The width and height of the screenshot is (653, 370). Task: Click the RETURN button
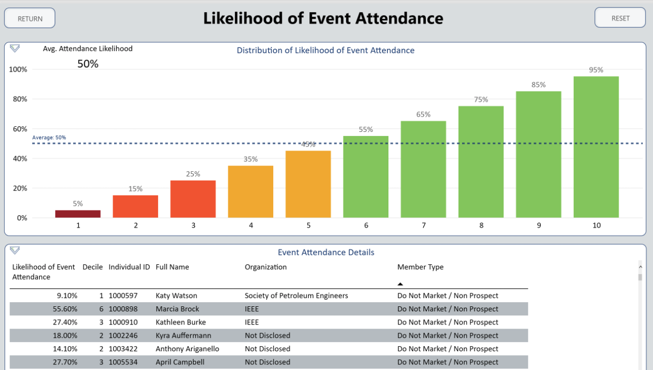pos(30,18)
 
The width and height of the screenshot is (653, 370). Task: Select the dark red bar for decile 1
pos(78,214)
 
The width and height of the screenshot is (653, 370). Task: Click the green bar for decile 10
pos(596,147)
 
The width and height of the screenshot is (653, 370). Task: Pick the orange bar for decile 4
pos(250,192)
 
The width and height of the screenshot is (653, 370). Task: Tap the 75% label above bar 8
pos(481,100)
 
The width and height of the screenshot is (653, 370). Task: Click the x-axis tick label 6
pos(366,225)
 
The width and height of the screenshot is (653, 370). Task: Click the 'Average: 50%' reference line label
pos(49,137)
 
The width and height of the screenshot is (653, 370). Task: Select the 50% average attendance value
pos(88,64)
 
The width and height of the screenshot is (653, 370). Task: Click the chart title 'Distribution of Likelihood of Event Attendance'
pos(325,51)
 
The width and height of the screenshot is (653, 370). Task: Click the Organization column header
pos(266,267)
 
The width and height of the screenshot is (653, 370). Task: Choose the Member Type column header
pos(420,267)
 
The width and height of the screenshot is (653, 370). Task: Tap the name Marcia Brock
pos(177,309)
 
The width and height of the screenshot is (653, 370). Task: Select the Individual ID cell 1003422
pos(123,349)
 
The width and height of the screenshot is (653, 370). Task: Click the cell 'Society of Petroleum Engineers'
pos(296,296)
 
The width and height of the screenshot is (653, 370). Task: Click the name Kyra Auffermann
pos(183,336)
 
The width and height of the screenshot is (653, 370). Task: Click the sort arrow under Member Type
pos(400,284)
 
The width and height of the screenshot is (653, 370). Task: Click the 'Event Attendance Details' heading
pos(326,252)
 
